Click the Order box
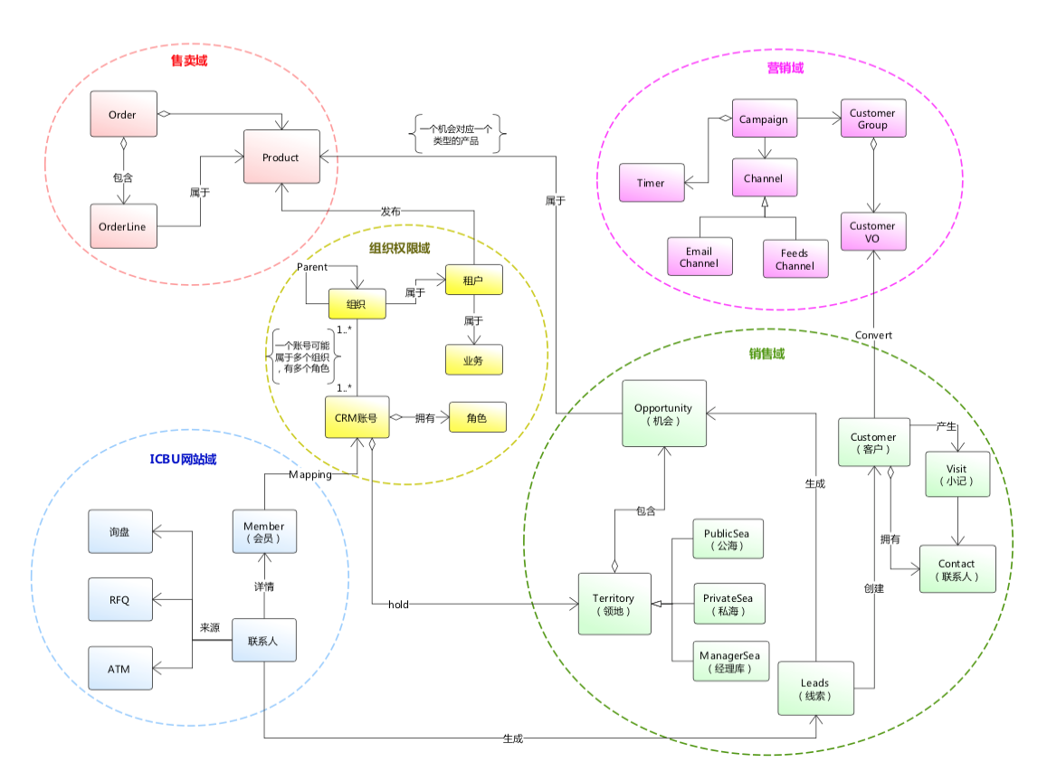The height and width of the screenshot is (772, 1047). tap(123, 115)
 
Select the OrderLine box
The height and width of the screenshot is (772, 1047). tap(123, 227)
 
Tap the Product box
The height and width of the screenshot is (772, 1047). tap(281, 157)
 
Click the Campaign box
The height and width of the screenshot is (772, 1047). tap(764, 119)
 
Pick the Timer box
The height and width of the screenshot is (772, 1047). tap(651, 183)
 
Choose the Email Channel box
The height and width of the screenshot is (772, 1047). tap(699, 258)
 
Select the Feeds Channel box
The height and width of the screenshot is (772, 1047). tap(795, 259)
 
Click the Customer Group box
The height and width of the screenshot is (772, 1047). tap(872, 119)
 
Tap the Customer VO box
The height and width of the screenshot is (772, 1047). tap(872, 233)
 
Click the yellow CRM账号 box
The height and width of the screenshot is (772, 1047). tap(357, 417)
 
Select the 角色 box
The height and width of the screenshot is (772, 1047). tap(478, 417)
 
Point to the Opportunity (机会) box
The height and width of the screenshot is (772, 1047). tap(663, 415)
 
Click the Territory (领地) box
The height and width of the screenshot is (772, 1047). tap(614, 605)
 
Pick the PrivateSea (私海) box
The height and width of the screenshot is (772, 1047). tap(729, 604)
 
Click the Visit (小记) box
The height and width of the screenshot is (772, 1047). tap(957, 475)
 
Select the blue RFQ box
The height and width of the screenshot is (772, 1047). tap(120, 598)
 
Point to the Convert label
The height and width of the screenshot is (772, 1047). tap(873, 335)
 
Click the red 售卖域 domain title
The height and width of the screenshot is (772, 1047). tap(189, 62)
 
